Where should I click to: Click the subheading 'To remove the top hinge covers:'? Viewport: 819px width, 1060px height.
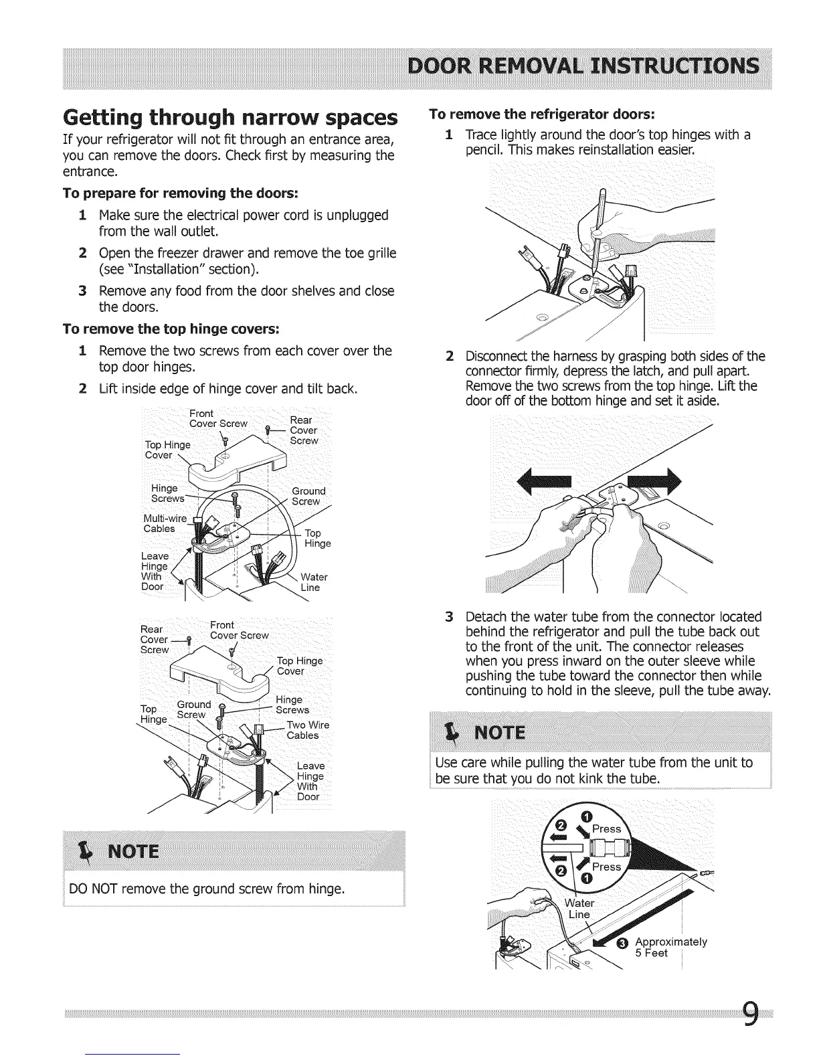click(171, 329)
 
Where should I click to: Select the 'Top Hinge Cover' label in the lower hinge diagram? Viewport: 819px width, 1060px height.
click(299, 666)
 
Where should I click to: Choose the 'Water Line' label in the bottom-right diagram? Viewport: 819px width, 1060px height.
click(579, 909)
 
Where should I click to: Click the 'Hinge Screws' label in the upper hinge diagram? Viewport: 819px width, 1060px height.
click(165, 493)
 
